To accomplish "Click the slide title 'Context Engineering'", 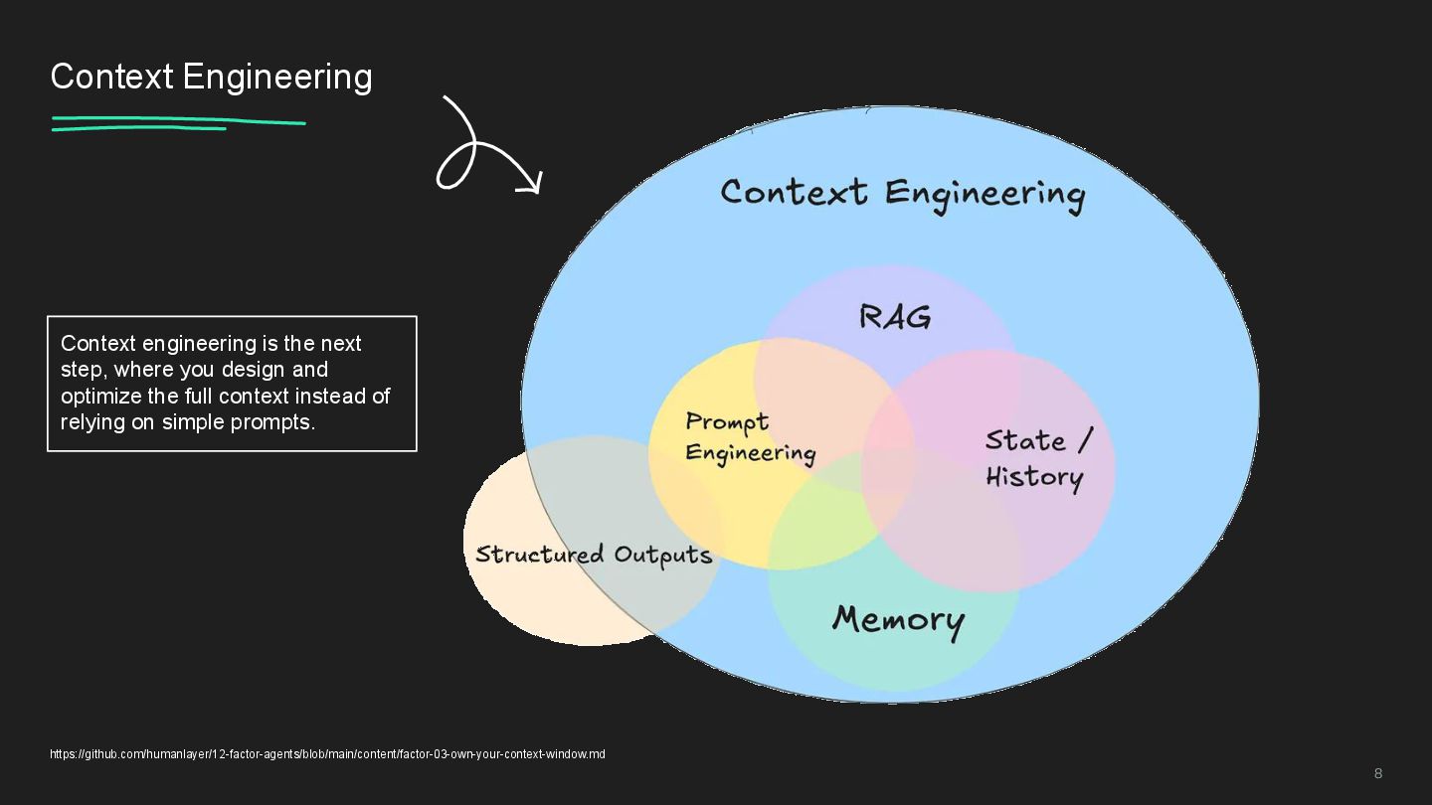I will click(x=211, y=77).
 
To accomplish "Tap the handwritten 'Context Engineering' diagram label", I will click(x=902, y=193).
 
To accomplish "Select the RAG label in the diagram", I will click(x=895, y=317).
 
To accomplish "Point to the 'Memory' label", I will click(x=898, y=620).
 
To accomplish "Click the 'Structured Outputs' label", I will click(x=594, y=555).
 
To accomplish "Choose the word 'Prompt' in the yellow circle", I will click(x=727, y=422).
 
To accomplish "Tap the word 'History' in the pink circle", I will click(x=1034, y=477).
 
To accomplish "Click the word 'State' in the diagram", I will click(x=1025, y=440).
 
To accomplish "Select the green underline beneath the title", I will click(x=179, y=123).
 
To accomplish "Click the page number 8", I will click(x=1378, y=773).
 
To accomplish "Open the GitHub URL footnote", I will click(x=327, y=754).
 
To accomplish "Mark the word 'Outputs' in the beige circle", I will click(x=662, y=555).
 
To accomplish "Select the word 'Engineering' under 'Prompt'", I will click(x=751, y=454).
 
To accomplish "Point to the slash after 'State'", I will click(x=1085, y=439).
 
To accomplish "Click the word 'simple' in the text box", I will click(x=194, y=421).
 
